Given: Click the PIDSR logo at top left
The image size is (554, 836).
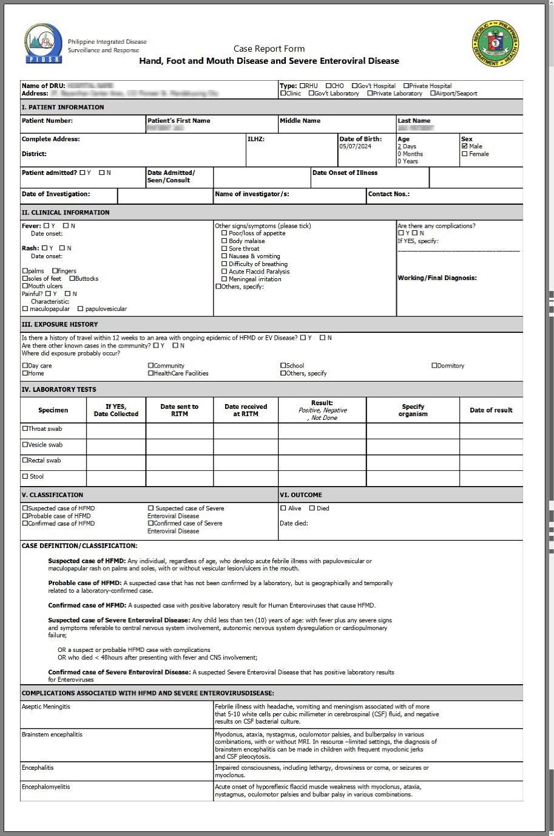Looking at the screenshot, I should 44,44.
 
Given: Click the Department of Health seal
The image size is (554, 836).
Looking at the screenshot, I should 496,43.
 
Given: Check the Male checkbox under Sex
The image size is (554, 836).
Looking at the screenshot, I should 465,146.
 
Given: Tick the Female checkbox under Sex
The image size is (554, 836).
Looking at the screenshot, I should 465,154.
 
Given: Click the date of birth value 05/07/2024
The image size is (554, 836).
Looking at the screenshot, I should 355,146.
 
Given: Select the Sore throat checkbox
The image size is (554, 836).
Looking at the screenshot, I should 225,248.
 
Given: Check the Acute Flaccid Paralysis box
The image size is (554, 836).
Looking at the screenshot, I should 225,272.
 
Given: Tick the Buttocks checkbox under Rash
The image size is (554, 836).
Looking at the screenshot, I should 72,279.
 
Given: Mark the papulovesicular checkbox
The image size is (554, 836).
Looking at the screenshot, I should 80,309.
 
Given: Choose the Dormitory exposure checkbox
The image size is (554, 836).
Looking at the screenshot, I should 434,366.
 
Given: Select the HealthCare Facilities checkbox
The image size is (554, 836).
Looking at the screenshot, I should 150,373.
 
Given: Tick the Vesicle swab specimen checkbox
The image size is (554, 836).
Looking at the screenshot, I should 25,445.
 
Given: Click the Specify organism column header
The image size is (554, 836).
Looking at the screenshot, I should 413,410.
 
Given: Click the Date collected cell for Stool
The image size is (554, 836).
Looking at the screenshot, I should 116,478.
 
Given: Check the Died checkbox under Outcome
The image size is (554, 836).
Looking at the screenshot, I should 312,509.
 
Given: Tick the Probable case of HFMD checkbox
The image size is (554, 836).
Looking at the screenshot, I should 25,516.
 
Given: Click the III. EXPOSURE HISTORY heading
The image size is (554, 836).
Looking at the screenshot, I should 59,324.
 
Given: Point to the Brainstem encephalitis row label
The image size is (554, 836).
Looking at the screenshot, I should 52,735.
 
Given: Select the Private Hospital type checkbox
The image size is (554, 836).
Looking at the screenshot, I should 407,86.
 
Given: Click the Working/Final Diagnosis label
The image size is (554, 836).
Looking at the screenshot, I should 437,278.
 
